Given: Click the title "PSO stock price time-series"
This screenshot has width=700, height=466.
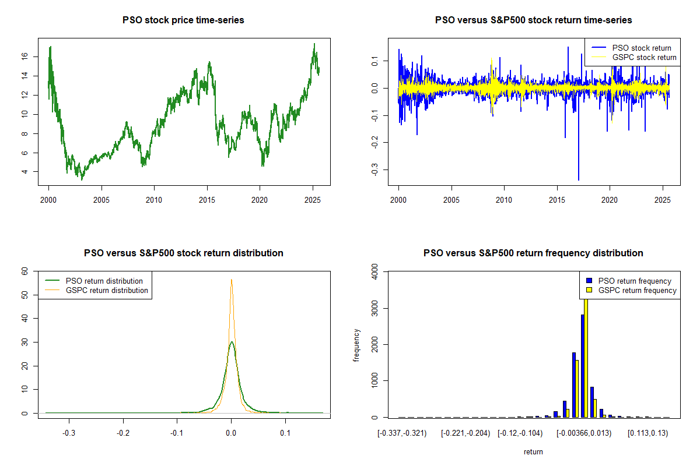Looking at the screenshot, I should tap(183, 20).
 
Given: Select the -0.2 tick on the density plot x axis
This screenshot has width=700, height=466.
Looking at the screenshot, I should tap(123, 433).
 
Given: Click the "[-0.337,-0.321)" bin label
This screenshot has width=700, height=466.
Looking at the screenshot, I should tap(402, 433).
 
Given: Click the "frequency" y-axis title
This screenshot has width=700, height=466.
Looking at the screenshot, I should tap(356, 345).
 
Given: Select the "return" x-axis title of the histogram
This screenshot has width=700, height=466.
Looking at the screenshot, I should tap(533, 451).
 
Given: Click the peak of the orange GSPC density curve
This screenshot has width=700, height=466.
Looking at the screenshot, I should tap(232, 280).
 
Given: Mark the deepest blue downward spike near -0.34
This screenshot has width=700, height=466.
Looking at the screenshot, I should tap(579, 180).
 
